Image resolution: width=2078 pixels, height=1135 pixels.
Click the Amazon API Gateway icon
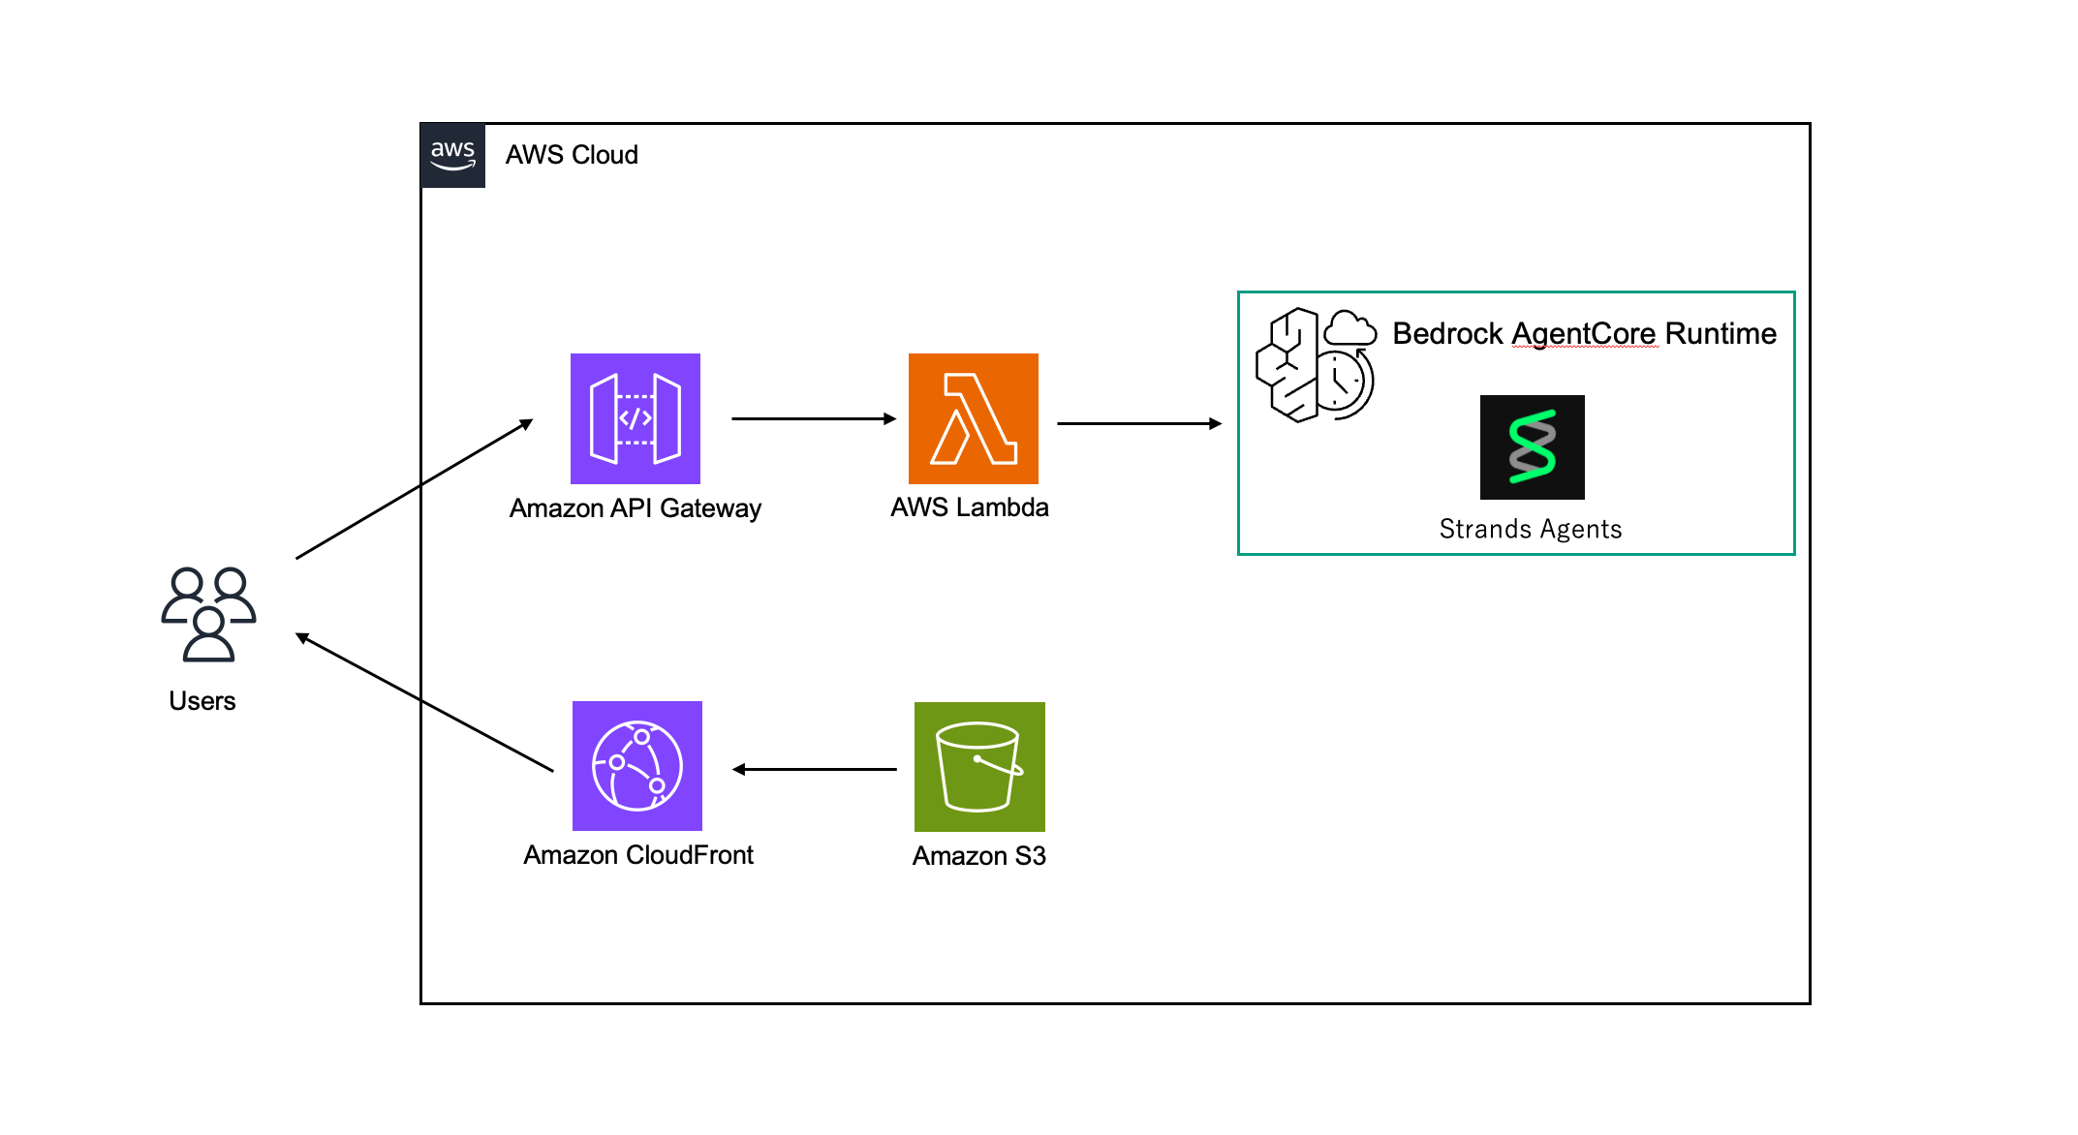click(x=635, y=418)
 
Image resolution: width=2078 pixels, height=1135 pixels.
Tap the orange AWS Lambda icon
click(x=973, y=418)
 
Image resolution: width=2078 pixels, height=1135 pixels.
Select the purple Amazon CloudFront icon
click(x=636, y=765)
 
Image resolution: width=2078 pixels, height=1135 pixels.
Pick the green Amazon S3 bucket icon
click(x=979, y=766)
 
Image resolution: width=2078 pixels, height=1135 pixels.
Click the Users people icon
click(x=208, y=614)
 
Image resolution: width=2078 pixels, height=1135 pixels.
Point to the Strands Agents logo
click(x=1532, y=446)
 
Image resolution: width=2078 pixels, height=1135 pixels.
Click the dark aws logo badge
click(x=452, y=155)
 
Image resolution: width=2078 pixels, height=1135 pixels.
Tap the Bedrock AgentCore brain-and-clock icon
click(x=1315, y=365)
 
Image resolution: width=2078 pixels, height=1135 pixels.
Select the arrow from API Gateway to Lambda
click(x=814, y=418)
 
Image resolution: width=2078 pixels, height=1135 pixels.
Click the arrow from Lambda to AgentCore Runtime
click(x=1138, y=423)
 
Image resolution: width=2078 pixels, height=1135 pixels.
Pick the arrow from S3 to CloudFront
click(x=815, y=769)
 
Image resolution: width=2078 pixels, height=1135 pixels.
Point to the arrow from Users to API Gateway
click(x=415, y=489)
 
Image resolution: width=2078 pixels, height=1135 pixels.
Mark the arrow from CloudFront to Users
click(x=424, y=702)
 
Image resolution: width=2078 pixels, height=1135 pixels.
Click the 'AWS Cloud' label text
click(x=572, y=155)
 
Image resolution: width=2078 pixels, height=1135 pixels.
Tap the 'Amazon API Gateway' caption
click(x=635, y=508)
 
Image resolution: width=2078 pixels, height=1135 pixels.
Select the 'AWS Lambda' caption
click(x=969, y=507)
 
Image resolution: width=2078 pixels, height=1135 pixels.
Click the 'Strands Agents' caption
click(x=1530, y=529)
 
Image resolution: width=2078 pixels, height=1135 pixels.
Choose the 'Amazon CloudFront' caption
click(x=637, y=855)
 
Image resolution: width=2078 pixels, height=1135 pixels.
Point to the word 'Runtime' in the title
click(x=1720, y=333)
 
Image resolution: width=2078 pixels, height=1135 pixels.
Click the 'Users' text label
click(x=202, y=701)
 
